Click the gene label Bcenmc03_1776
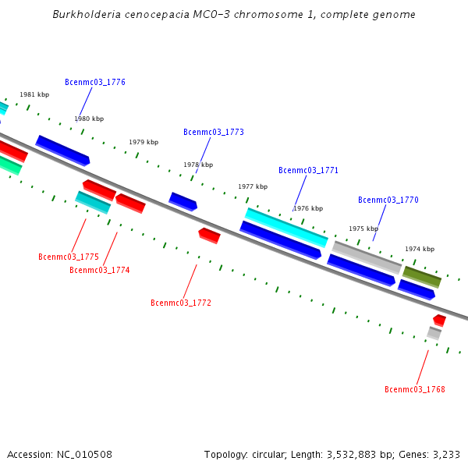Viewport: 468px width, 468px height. point(94,82)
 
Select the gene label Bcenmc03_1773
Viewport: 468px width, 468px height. point(213,132)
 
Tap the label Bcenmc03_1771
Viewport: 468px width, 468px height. point(308,170)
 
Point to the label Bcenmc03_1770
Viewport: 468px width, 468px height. point(388,200)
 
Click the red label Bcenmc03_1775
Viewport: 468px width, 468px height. point(69,257)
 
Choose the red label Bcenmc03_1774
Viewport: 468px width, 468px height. point(99,270)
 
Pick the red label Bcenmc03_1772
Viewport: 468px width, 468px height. point(180,303)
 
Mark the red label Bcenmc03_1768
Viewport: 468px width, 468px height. point(414,389)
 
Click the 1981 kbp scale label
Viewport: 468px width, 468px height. point(34,94)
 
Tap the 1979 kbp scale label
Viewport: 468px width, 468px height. point(144,142)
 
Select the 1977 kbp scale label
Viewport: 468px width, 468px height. point(253,186)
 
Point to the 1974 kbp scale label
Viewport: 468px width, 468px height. point(420,249)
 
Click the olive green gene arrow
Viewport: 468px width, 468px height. point(422,276)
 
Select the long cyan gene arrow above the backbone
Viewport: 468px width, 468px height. point(286,227)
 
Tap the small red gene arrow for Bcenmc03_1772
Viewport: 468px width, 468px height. point(209,234)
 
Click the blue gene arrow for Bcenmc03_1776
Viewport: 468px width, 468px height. point(62,150)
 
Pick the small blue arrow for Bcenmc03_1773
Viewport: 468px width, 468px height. point(183,201)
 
